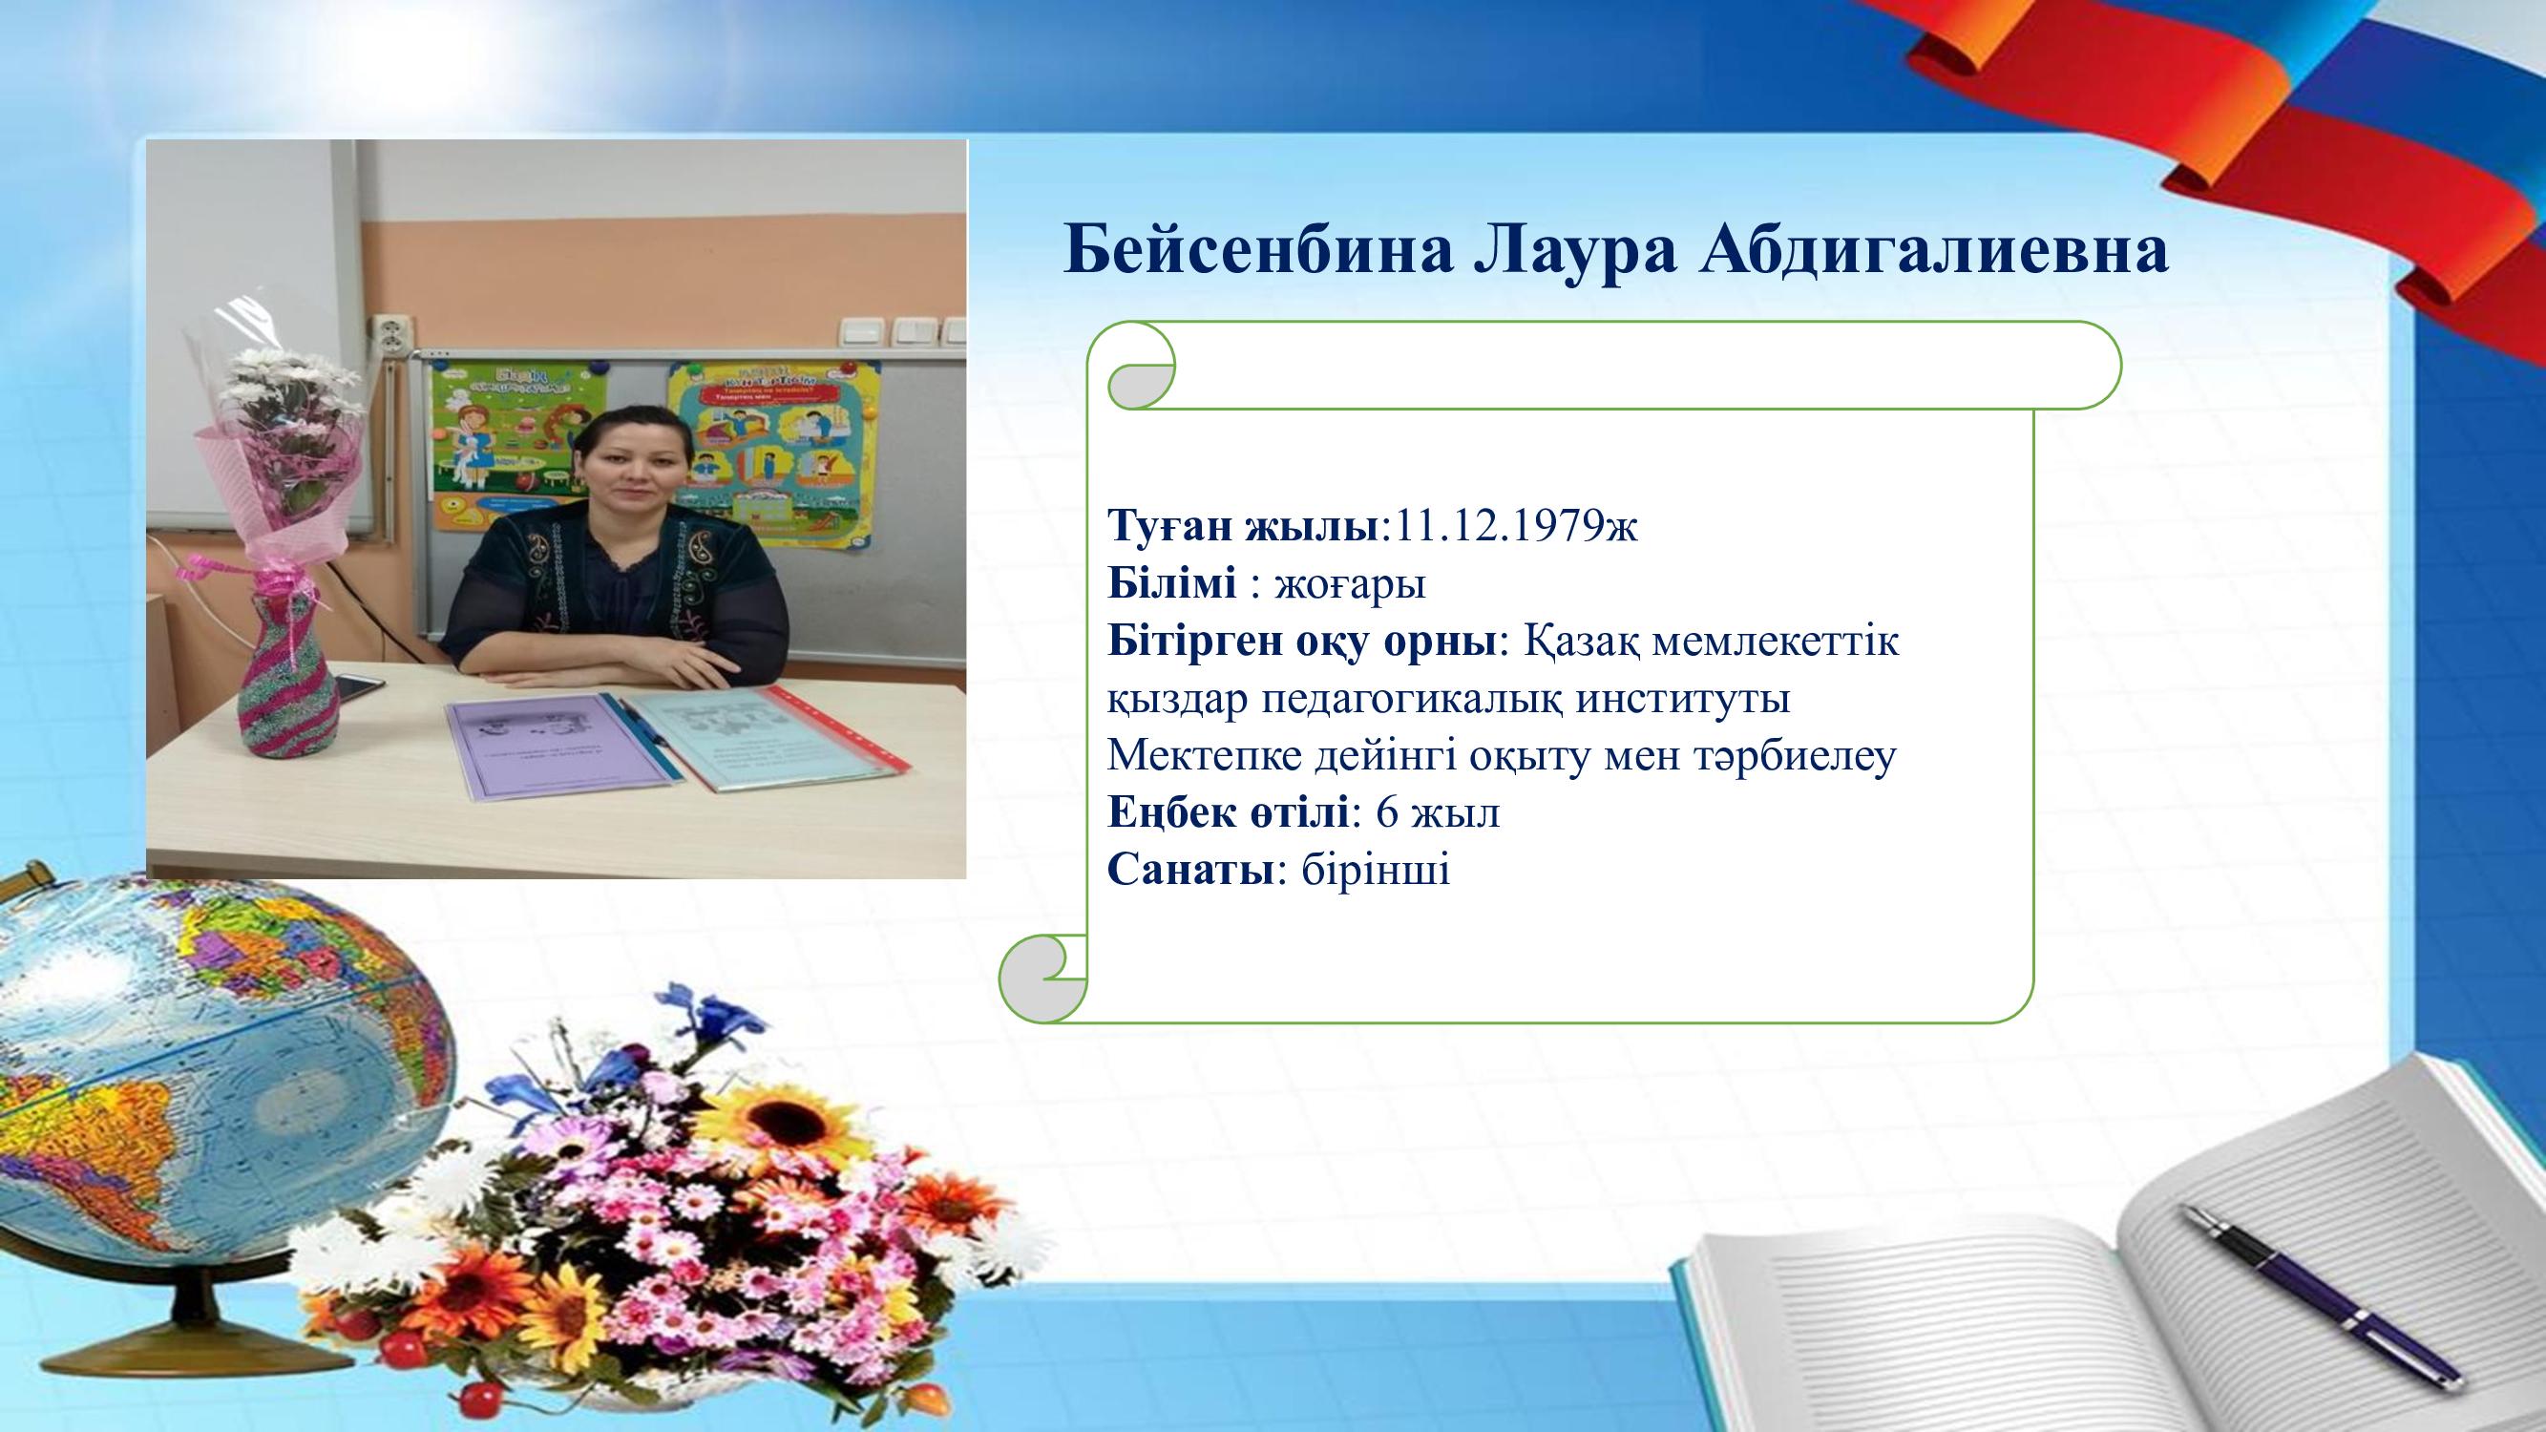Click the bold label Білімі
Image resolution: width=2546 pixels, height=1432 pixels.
click(x=1171, y=583)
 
